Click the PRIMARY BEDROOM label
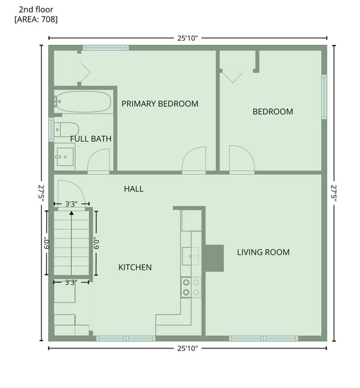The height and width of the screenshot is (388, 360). click(160, 104)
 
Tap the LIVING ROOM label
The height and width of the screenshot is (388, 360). click(264, 252)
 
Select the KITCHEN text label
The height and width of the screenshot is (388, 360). click(135, 267)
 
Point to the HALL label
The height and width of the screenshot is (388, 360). click(134, 189)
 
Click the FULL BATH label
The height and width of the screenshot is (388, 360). click(90, 139)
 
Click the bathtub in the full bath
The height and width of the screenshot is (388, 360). click(83, 102)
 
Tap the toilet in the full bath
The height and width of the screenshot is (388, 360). click(67, 129)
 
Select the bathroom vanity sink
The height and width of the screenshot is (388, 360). click(65, 157)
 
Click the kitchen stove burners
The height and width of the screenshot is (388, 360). click(191, 287)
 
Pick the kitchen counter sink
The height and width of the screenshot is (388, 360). click(191, 256)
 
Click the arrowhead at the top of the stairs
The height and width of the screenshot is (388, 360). click(71, 212)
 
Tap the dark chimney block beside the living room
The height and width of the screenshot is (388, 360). click(215, 259)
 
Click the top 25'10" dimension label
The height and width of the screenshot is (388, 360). click(188, 38)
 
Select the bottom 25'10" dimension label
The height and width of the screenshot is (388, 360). click(188, 348)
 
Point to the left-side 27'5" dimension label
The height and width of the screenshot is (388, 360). click(41, 193)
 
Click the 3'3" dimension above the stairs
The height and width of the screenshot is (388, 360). click(71, 204)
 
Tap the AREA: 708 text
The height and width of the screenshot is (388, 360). click(36, 19)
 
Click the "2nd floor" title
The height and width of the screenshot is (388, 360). click(36, 10)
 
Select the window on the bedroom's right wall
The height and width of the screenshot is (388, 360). click(324, 97)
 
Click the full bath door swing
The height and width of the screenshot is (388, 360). click(98, 160)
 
